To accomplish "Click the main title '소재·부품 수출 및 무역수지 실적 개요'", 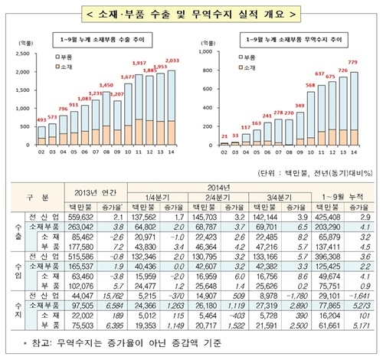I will click(191, 13).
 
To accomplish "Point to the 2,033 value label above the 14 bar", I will click(172, 60).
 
